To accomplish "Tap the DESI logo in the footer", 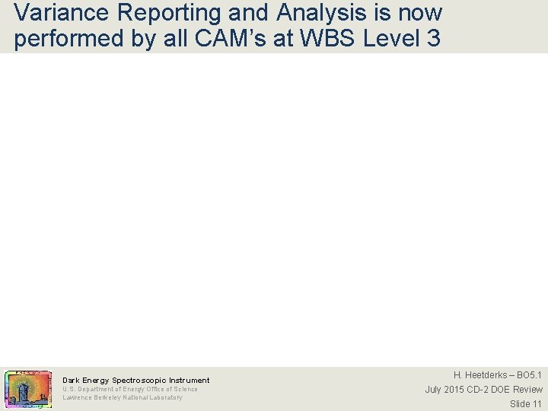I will pos(28,388).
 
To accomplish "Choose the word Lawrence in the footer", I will pos(76,397).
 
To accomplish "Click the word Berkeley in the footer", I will pos(107,397).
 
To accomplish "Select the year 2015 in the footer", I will pos(454,390).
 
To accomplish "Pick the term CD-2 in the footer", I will pos(479,390).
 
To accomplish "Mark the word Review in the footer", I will pos(527,390).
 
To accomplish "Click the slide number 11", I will pos(537,403).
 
